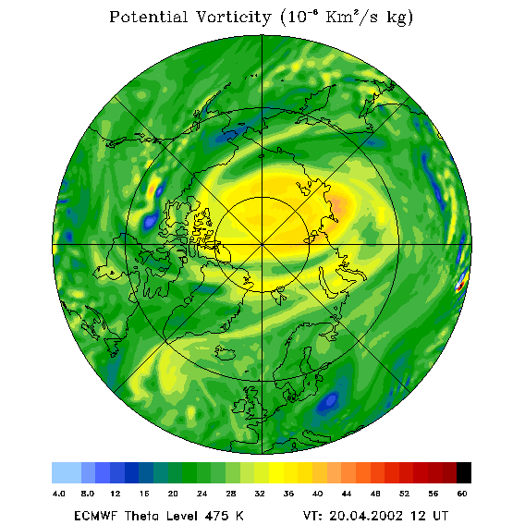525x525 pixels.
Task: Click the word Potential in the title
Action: (148, 17)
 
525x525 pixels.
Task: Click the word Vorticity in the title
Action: (233, 17)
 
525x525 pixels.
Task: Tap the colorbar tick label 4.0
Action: (59, 494)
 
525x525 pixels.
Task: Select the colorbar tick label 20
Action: (173, 494)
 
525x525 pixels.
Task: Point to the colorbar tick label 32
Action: (260, 494)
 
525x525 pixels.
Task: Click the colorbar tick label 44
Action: (347, 494)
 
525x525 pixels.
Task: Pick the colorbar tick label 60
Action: (462, 494)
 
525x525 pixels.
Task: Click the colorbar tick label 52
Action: (404, 494)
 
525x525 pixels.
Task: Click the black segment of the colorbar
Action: (464, 472)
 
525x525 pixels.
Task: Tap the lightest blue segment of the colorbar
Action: (67, 472)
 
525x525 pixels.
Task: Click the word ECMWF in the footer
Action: (95, 515)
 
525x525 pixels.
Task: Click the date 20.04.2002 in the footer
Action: (366, 515)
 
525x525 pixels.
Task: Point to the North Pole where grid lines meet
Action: (262, 245)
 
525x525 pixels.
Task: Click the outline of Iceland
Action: (225, 353)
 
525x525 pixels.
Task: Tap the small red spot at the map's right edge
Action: (460, 286)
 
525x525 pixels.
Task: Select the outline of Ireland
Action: (239, 406)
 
